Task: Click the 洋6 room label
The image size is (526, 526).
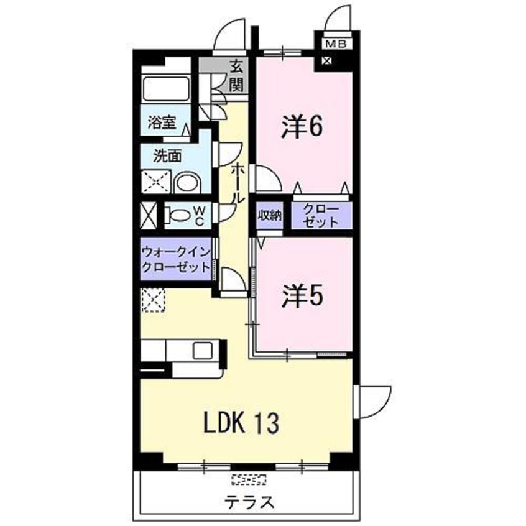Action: click(x=301, y=127)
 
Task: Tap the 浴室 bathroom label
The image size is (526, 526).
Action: click(x=161, y=123)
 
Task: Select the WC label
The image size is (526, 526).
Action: click(x=200, y=216)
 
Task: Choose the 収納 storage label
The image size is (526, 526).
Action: click(x=270, y=216)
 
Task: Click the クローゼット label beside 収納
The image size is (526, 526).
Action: click(x=321, y=216)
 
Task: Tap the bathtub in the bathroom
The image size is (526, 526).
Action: click(x=165, y=90)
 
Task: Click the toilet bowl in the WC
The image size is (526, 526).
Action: click(x=178, y=216)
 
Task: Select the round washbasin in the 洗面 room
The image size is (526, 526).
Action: click(x=186, y=183)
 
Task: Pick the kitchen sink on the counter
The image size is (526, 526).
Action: click(x=203, y=350)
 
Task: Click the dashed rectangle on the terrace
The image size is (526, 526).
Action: click(x=248, y=479)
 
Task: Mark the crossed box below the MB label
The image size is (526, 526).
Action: click(x=327, y=62)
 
